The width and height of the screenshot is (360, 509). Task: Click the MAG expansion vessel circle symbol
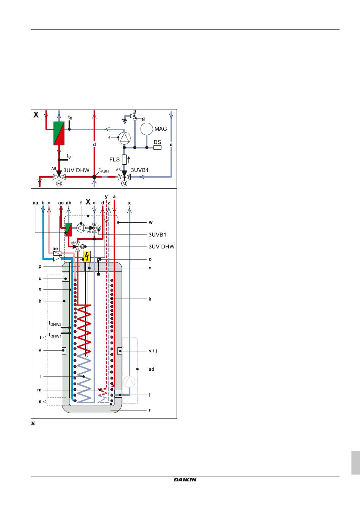click(147, 129)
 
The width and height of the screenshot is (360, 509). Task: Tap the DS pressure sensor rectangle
click(157, 147)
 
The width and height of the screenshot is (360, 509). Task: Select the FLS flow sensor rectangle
click(124, 159)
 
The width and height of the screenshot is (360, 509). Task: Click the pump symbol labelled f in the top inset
click(124, 137)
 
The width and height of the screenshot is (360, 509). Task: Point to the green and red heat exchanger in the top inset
click(59, 133)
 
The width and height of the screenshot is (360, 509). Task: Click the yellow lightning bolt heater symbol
click(87, 256)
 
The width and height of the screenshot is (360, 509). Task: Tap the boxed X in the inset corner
click(36, 114)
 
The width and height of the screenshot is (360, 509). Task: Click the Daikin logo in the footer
click(185, 480)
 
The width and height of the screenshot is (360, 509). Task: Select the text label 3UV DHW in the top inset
click(76, 170)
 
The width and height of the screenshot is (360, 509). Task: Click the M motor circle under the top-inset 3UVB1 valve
click(124, 183)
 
